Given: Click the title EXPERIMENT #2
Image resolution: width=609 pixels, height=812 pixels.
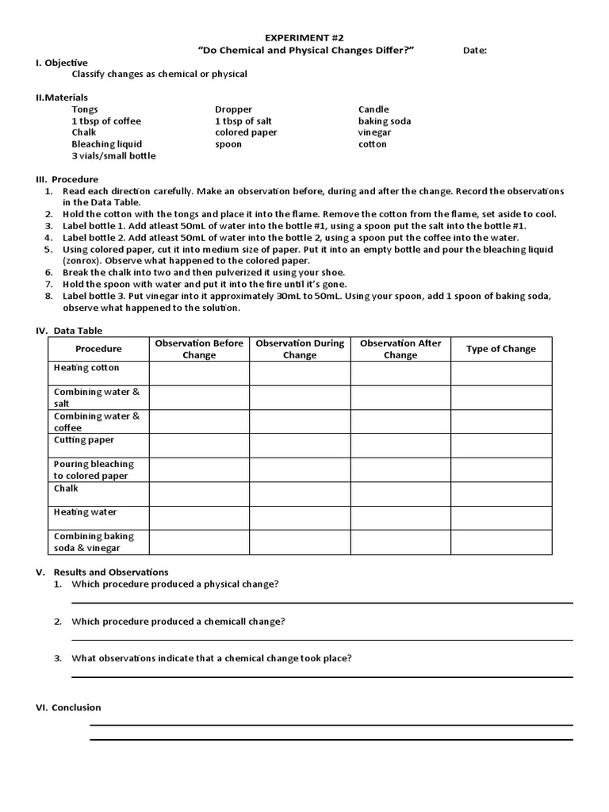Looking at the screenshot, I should (x=304, y=37).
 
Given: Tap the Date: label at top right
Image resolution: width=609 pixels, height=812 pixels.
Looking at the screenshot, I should (x=474, y=51).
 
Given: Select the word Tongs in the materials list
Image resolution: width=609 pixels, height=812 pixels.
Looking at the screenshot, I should (x=85, y=109).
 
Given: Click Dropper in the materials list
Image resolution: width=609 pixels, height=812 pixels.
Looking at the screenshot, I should (x=233, y=109).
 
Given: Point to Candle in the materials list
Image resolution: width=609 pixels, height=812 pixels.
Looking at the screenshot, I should (x=373, y=109).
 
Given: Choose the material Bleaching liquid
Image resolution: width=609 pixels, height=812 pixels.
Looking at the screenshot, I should (x=106, y=144).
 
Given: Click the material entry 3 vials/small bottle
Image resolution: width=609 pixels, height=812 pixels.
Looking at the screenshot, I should (x=113, y=156).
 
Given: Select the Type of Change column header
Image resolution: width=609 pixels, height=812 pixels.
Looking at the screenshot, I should (x=500, y=349).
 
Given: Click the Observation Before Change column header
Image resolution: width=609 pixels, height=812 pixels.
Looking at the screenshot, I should (x=199, y=349).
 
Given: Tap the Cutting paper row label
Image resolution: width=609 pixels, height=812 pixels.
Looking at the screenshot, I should (x=83, y=440).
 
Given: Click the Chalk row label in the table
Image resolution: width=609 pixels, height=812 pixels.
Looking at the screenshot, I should (x=66, y=488).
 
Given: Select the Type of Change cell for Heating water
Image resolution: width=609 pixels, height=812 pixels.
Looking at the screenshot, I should (x=500, y=518).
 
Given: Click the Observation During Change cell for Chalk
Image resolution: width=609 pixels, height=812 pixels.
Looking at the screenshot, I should (x=300, y=494).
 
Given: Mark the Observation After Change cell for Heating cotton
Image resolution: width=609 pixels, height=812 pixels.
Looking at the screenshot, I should (x=400, y=373).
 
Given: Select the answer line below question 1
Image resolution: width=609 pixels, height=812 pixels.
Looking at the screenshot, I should (x=322, y=603).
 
